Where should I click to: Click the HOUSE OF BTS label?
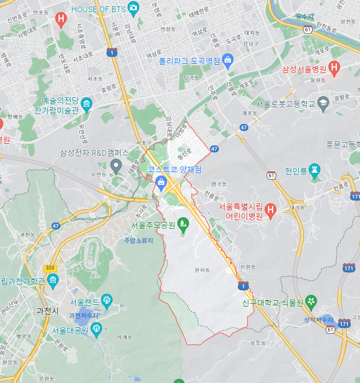(100, 9)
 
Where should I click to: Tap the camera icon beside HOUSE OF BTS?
(134, 8)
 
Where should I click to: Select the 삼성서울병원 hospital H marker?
(334, 68)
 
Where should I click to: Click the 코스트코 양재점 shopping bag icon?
(160, 183)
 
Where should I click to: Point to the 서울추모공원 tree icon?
(183, 222)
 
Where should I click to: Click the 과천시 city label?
(47, 311)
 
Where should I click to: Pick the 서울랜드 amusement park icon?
(106, 300)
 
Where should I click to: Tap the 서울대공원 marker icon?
(97, 329)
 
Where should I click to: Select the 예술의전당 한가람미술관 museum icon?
(87, 105)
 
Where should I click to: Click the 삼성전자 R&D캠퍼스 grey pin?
(116, 167)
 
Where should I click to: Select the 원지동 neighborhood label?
(201, 270)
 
